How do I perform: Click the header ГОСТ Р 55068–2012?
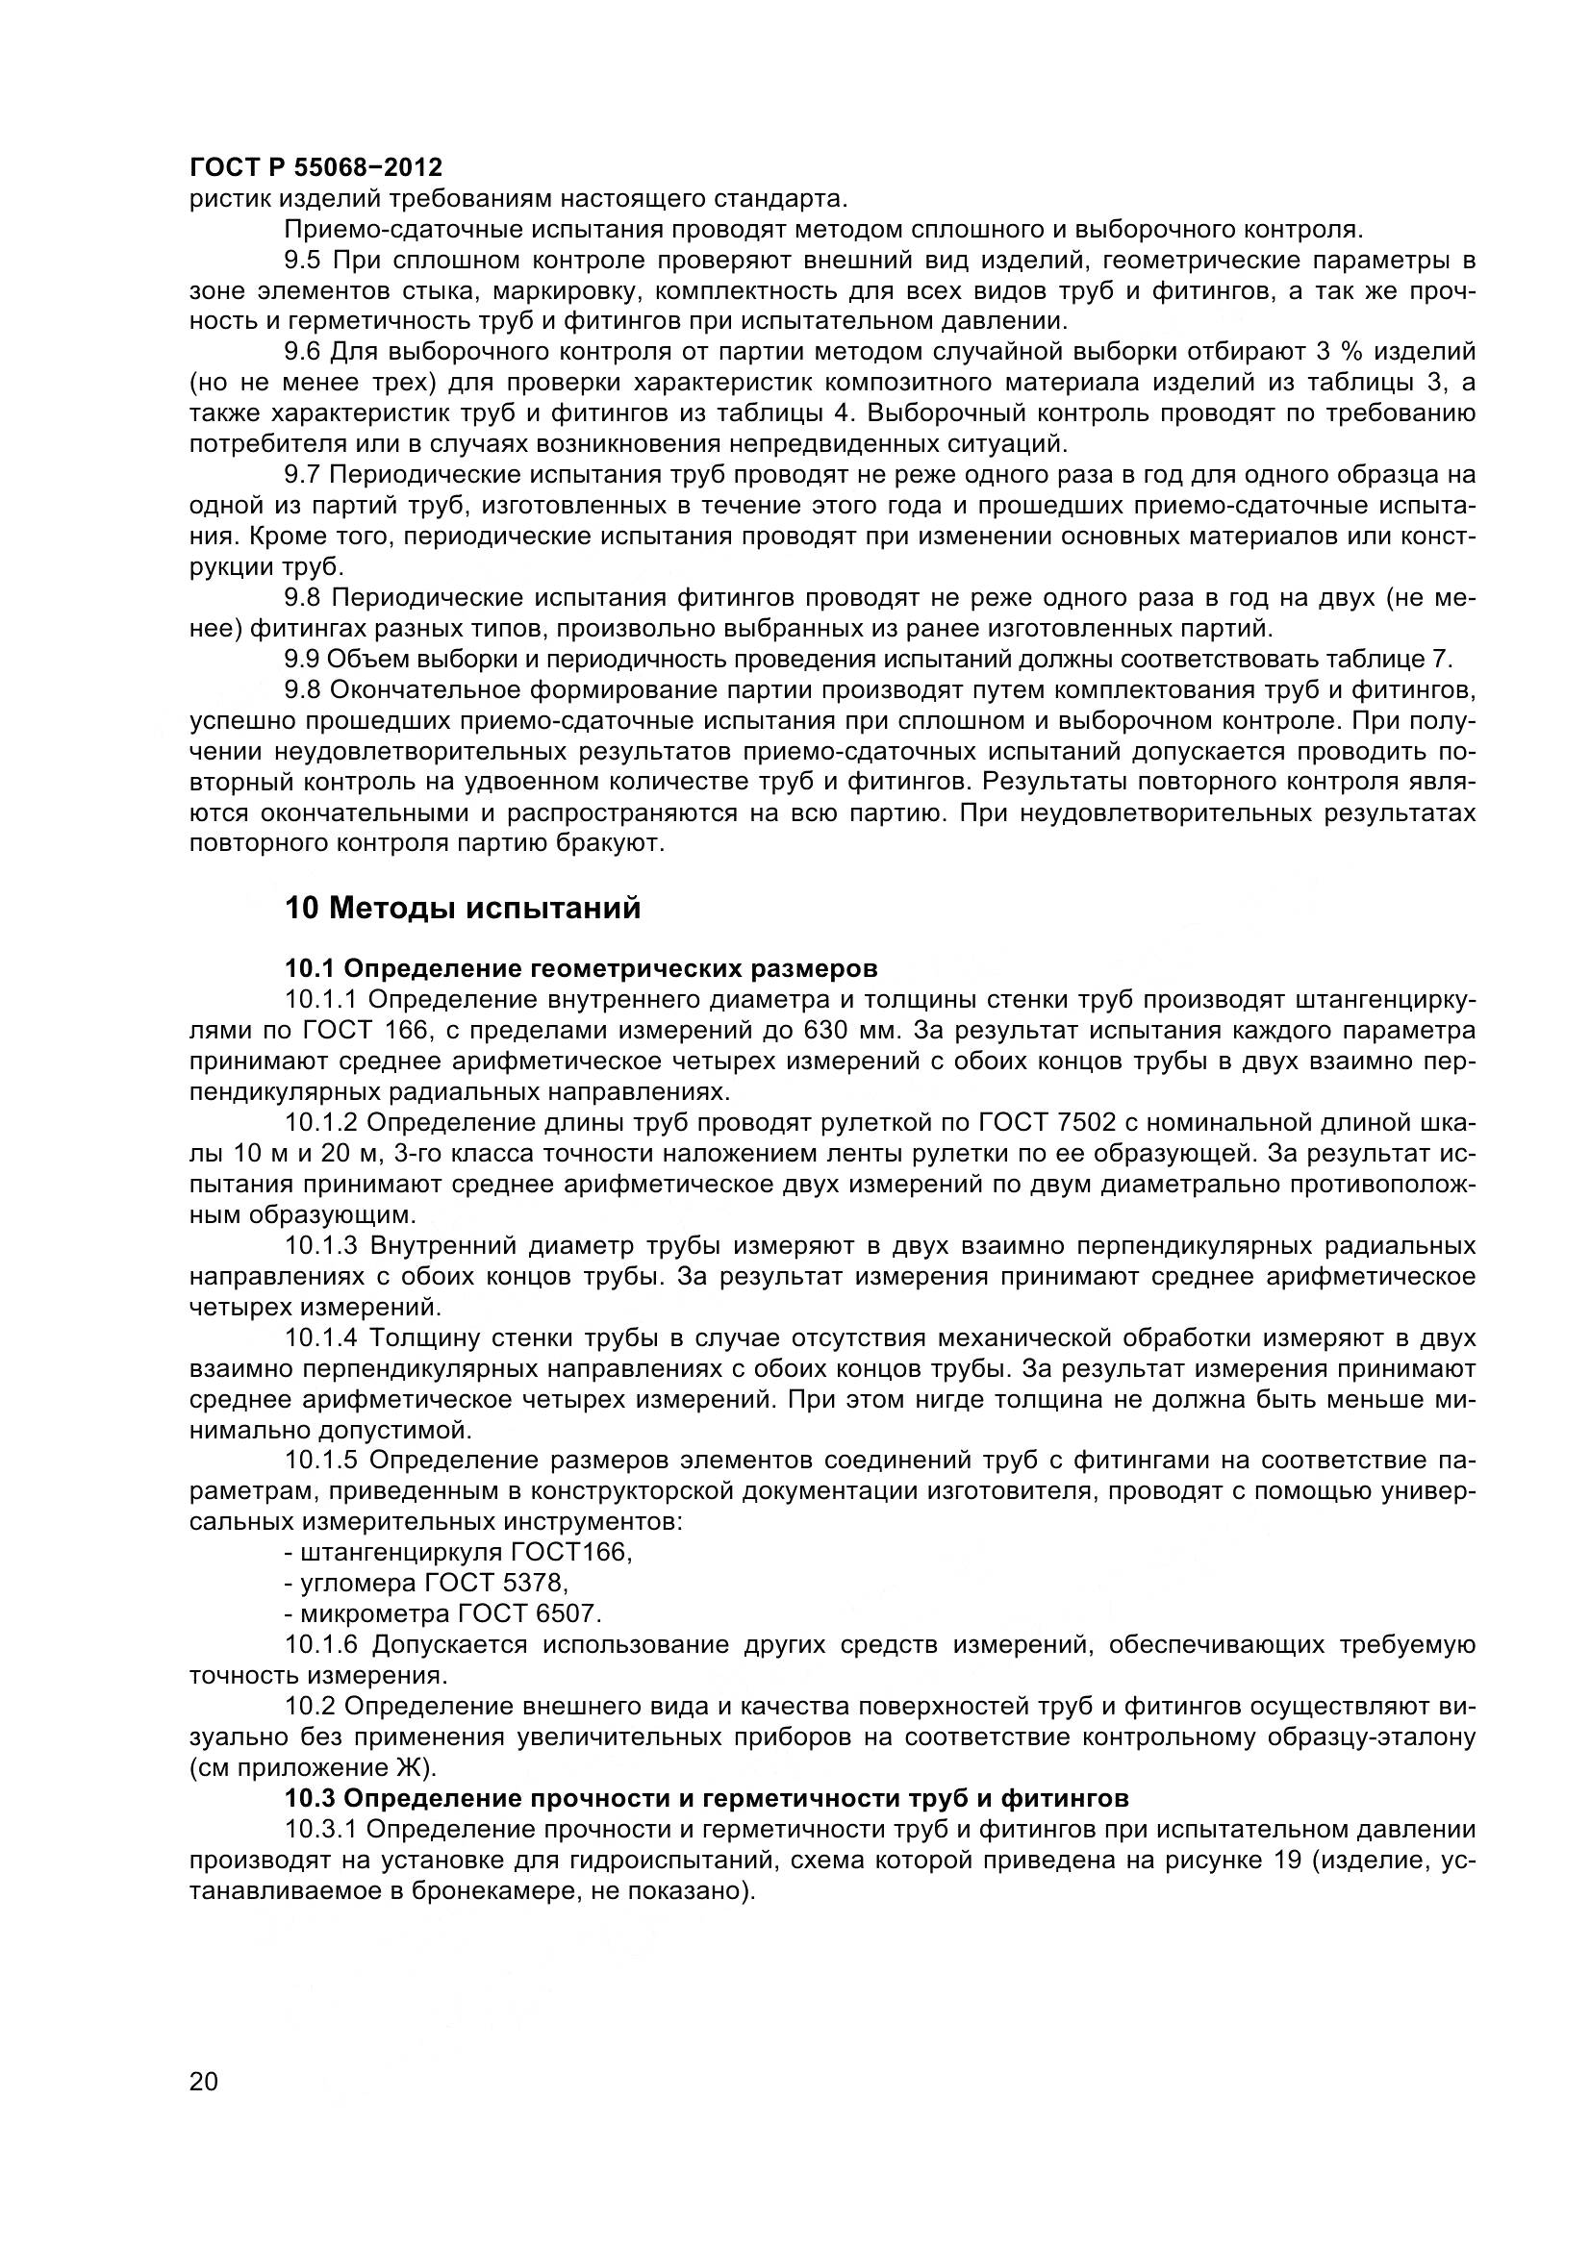315,167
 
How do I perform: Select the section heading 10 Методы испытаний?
463,908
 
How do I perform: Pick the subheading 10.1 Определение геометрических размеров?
581,969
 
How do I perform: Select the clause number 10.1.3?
322,1246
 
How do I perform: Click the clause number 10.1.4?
322,1338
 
